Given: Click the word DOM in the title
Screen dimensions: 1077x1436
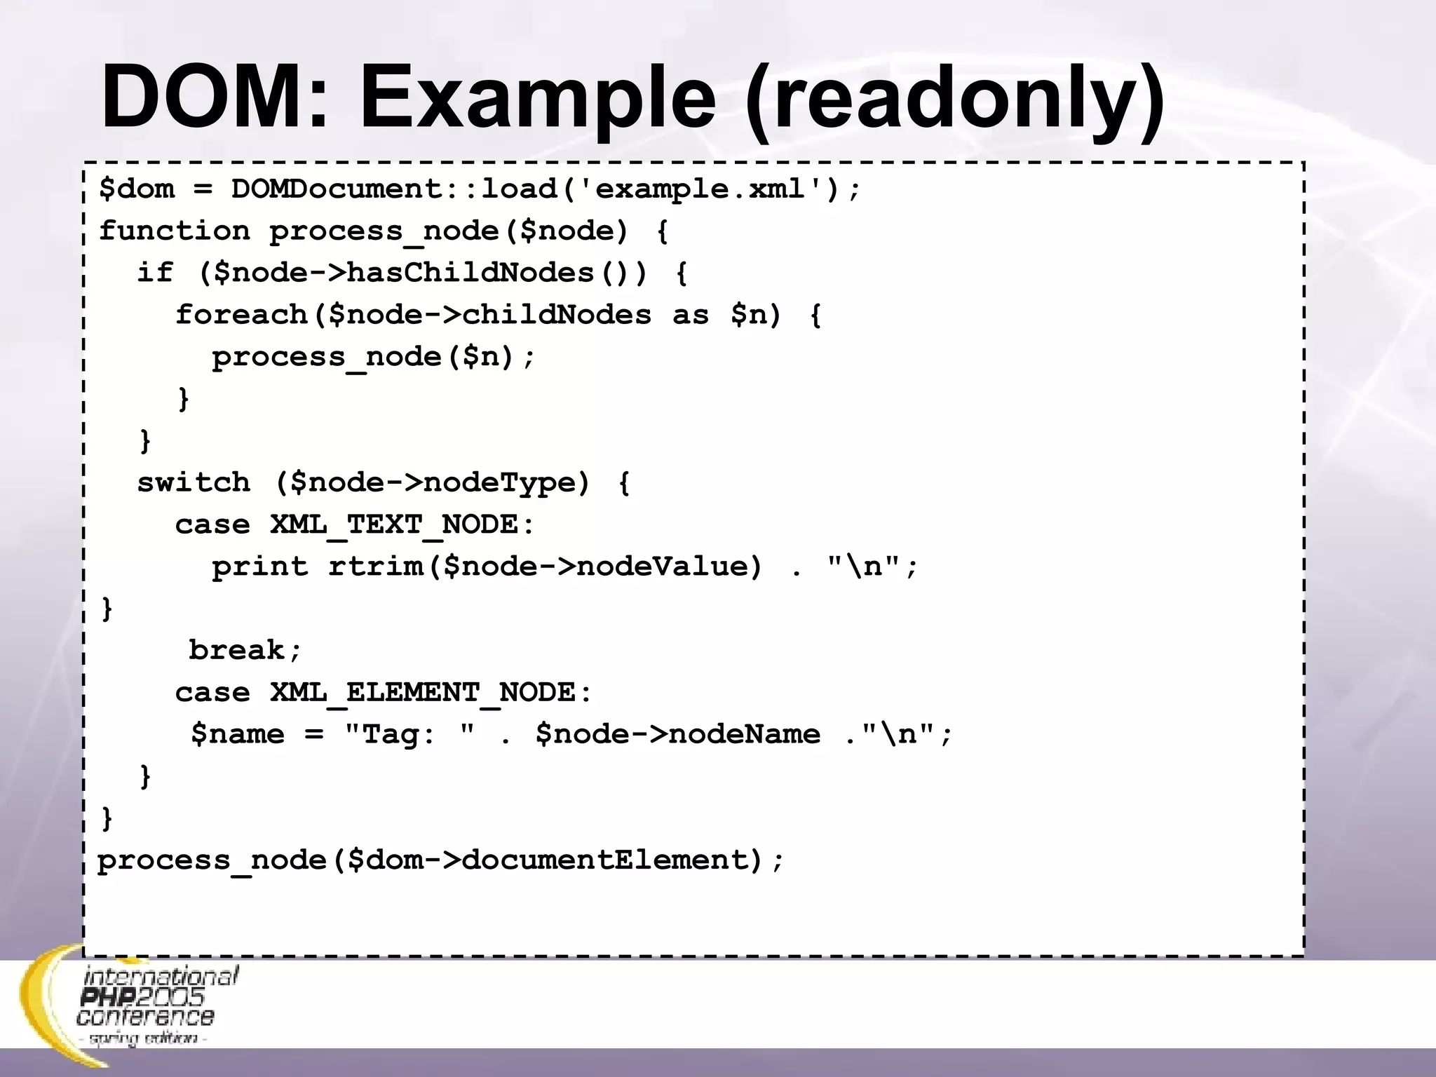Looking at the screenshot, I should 214,97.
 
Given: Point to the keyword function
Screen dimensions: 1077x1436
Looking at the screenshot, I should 175,231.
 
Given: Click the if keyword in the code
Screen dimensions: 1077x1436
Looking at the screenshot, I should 155,273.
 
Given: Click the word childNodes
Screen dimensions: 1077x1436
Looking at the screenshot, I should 557,315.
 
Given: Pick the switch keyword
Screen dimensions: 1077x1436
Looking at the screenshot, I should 194,482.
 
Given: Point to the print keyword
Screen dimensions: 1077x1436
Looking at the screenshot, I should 260,567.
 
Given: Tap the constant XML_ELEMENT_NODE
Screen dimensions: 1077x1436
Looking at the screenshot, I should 431,692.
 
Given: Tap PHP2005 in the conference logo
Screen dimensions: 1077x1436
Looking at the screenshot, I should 142,997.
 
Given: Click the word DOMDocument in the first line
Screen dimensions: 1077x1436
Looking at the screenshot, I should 337,189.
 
